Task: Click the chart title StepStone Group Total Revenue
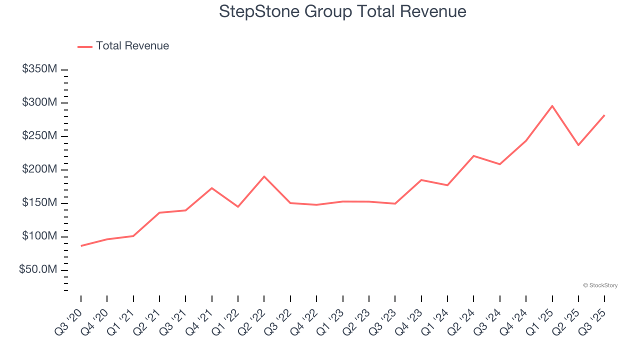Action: coord(342,11)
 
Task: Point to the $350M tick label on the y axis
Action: coord(39,69)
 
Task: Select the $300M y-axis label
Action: coord(39,102)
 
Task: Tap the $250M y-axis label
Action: coord(39,136)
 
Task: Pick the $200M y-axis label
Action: coord(39,169)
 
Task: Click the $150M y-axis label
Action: coord(39,203)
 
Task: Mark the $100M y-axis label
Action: coord(39,236)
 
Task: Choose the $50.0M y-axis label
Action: coord(38,270)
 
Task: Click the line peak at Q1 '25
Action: coord(552,105)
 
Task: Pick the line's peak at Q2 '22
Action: coord(264,176)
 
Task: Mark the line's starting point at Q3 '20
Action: coord(81,246)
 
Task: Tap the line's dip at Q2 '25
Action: coord(578,145)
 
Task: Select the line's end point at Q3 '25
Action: coord(604,115)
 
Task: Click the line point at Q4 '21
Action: coord(212,188)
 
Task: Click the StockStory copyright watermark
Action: coord(600,285)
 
